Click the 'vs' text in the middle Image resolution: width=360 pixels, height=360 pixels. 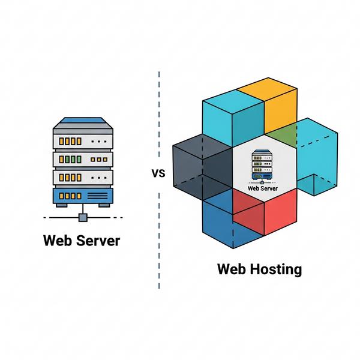(158, 174)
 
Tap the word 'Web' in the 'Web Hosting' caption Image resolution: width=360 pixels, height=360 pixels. (232, 269)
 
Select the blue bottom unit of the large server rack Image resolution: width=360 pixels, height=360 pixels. (82, 196)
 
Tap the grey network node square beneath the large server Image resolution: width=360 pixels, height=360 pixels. (83, 217)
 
